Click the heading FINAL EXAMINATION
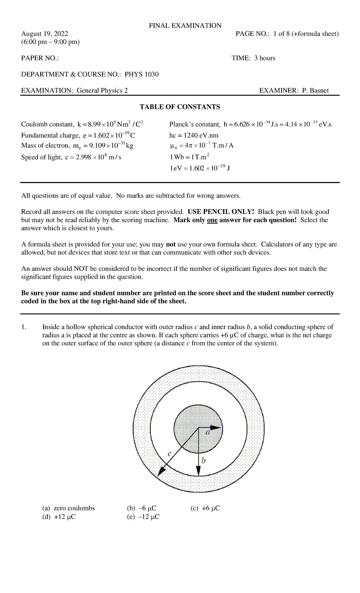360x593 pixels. (x=185, y=26)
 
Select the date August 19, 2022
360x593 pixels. (x=44, y=34)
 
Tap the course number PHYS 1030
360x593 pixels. (x=142, y=74)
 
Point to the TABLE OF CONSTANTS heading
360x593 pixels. (x=180, y=107)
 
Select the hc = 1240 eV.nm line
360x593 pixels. (x=194, y=135)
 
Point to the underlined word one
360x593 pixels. (x=212, y=220)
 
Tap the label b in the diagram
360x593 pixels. (x=204, y=460)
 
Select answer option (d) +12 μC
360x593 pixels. (x=59, y=517)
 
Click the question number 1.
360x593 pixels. (x=24, y=327)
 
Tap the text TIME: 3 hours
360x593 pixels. (x=253, y=58)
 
